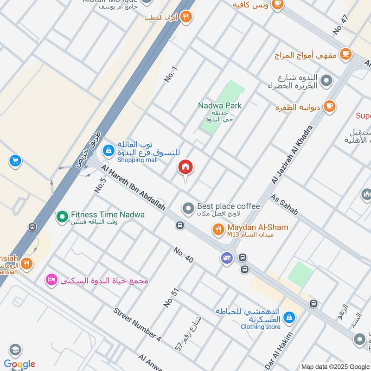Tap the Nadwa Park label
220,106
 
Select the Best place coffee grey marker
188,208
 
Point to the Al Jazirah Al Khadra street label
293,155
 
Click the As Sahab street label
284,205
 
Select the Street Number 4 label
137,324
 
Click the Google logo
19,364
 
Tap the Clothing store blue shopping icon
289,318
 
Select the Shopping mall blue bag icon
108,150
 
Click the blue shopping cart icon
15,161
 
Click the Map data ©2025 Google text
335,366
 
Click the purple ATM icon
226,258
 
